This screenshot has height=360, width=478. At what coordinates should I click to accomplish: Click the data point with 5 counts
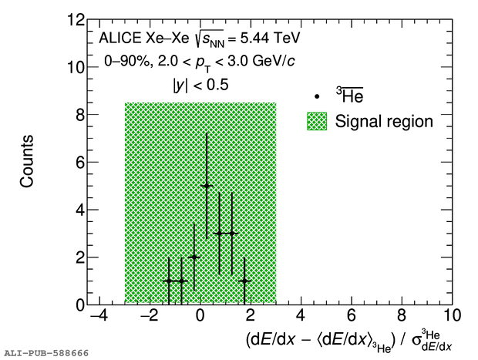207,186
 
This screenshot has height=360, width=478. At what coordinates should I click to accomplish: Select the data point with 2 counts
194,257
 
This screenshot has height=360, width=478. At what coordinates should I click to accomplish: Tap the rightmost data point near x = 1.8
244,281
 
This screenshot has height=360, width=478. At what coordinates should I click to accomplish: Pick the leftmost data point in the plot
169,281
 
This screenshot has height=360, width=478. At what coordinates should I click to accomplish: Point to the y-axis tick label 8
80,115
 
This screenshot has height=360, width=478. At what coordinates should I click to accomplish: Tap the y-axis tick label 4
80,210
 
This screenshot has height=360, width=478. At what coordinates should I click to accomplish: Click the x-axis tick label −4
98,316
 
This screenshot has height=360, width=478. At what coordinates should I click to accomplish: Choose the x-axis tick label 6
351,316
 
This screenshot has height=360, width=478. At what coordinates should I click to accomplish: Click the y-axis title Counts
28,162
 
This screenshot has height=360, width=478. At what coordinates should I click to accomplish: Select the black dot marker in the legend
318,97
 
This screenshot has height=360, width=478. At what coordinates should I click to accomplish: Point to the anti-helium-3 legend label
349,95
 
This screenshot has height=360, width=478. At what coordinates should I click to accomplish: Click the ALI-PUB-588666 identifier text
45,352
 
